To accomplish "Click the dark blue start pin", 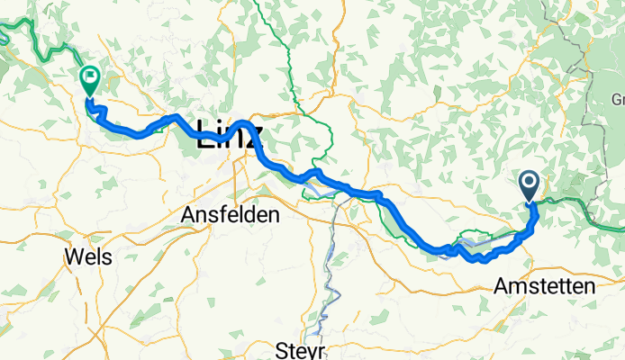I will [529, 185].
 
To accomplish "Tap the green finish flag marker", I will [90, 80].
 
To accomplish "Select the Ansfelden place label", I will [231, 215].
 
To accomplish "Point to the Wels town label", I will [88, 257].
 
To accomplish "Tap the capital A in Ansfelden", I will [188, 215].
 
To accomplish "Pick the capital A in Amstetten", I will [502, 286].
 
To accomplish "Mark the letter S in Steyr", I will [283, 349].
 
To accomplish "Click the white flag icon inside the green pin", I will [90, 77].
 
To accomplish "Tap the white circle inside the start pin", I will [529, 183].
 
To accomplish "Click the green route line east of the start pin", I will [576, 203].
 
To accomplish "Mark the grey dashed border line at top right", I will [576, 36].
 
